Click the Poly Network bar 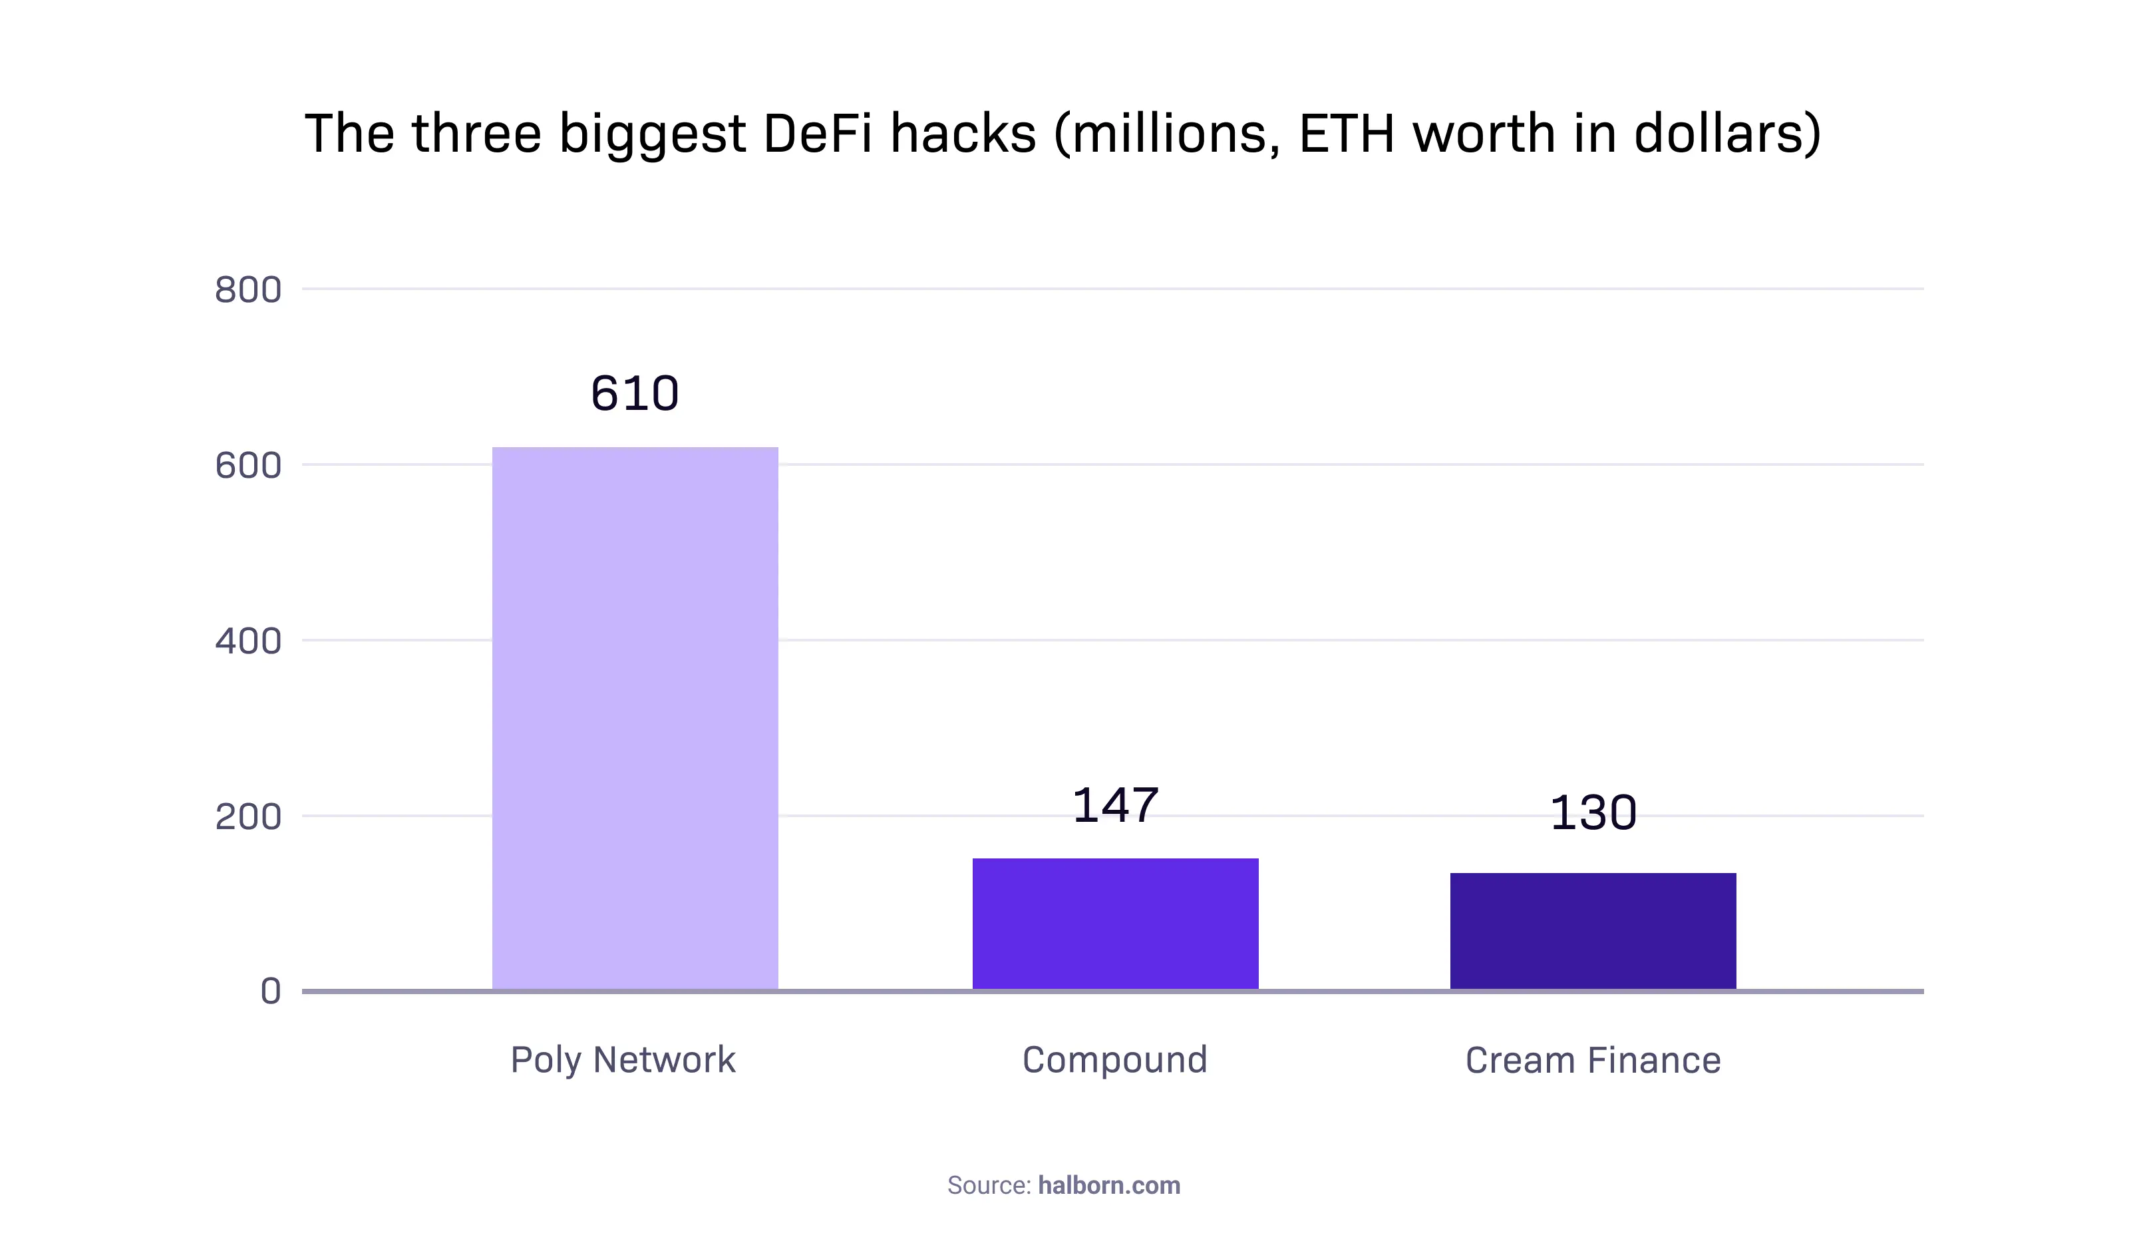pos(635,718)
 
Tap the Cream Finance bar pos(1593,931)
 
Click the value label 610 pos(635,394)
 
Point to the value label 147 pos(1114,805)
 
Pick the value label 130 pos(1593,812)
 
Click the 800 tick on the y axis pos(247,290)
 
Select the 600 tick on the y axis pos(247,466)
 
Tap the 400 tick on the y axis pos(247,641)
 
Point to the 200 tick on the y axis pos(247,817)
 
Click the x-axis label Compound pos(1114,1059)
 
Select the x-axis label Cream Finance pos(1593,1061)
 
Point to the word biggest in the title pos(652,136)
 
